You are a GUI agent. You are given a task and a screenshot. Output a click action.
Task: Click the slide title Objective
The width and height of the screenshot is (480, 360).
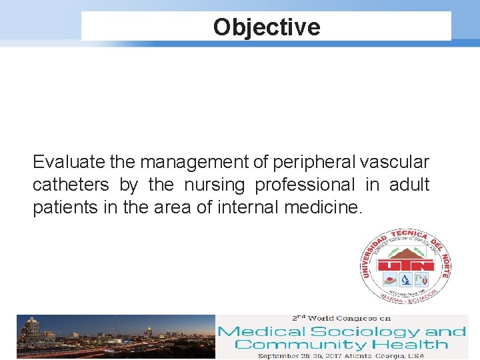(267, 27)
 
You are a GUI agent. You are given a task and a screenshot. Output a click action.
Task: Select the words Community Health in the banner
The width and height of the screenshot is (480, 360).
(341, 345)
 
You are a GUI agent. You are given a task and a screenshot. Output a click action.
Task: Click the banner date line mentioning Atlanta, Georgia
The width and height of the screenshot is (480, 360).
(341, 355)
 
